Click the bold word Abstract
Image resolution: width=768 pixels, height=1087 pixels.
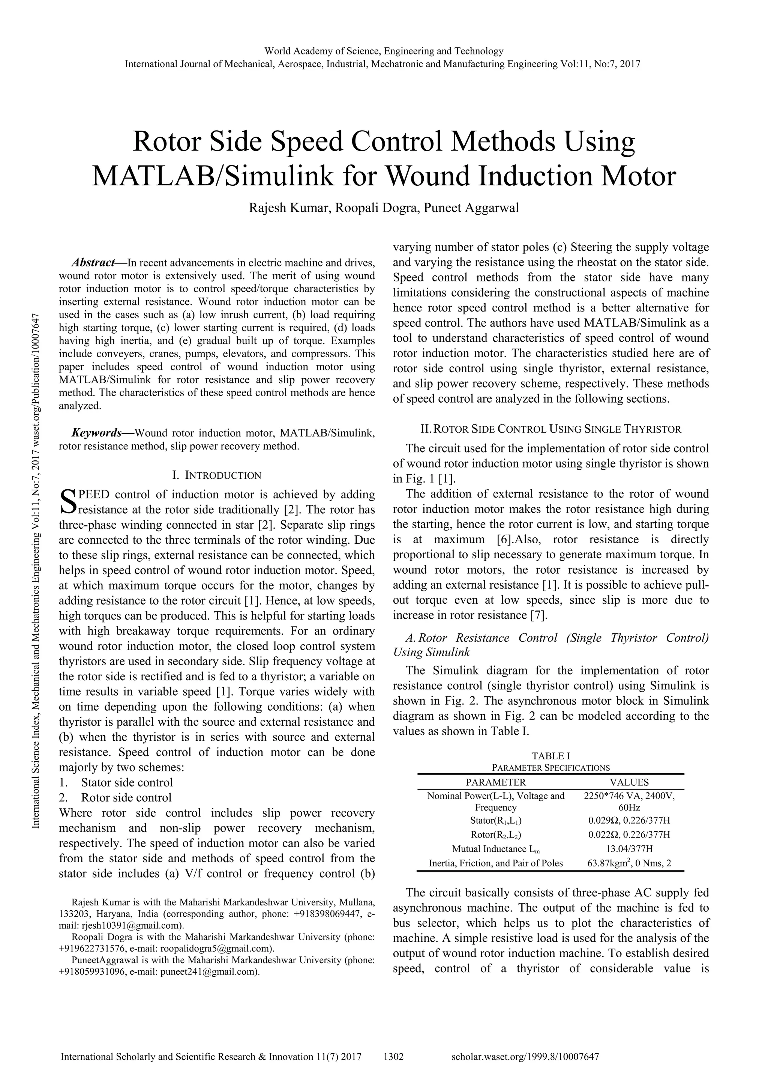[x=93, y=263]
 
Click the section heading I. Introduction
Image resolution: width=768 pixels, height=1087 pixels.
[x=217, y=475]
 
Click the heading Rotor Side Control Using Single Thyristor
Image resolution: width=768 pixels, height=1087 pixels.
[x=550, y=429]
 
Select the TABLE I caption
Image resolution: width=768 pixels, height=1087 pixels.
[x=550, y=756]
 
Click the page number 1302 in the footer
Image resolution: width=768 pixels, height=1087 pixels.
[x=393, y=1057]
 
